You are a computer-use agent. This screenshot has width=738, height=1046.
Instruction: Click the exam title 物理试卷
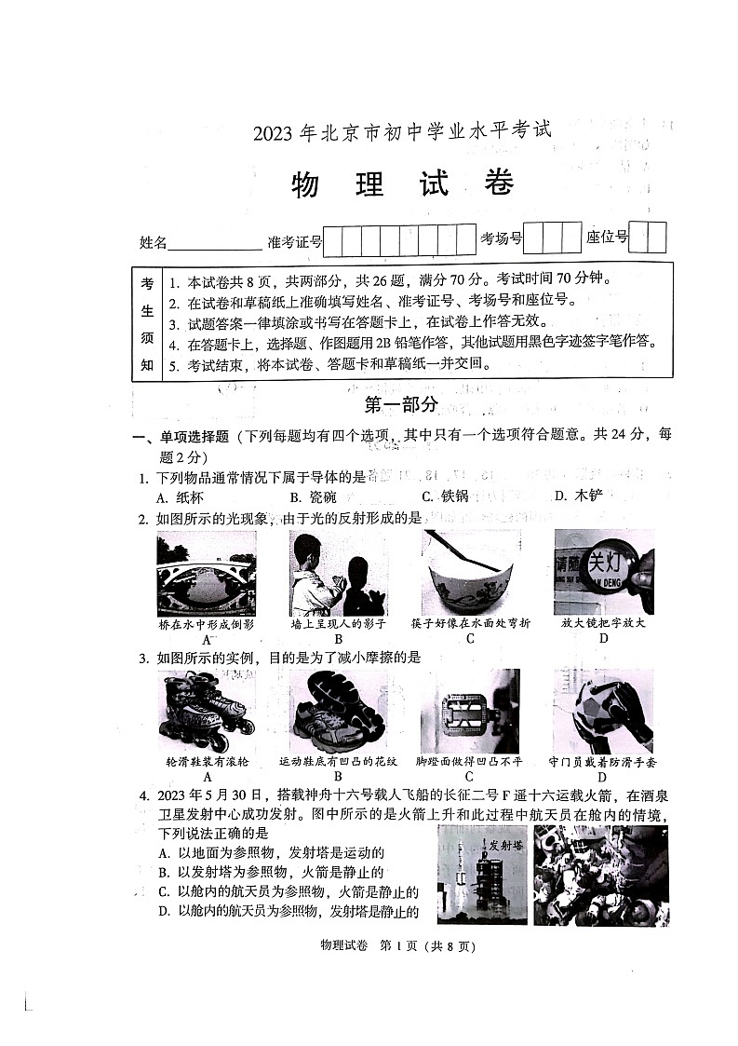402,184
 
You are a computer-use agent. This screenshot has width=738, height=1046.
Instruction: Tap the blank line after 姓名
215,244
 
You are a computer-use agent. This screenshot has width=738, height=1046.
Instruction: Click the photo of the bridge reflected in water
207,574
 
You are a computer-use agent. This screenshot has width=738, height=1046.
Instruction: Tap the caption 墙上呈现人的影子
339,623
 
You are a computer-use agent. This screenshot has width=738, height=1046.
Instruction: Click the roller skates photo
207,712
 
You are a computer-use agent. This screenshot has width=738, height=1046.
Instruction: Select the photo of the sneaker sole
338,712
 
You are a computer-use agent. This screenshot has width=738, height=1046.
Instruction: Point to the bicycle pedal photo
470,712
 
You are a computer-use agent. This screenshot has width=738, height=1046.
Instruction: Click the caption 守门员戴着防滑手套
602,762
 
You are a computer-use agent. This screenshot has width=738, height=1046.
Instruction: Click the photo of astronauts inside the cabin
601,875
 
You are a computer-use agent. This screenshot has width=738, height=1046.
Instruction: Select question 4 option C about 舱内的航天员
288,891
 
